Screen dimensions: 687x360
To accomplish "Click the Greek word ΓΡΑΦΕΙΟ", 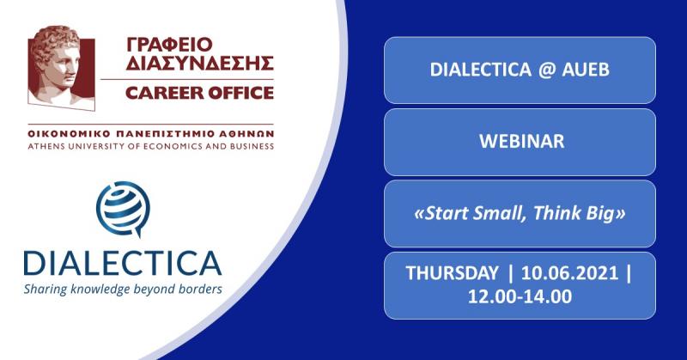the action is pyautogui.click(x=169, y=45).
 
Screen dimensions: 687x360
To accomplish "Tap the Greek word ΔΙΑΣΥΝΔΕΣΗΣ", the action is pyautogui.click(x=200, y=63).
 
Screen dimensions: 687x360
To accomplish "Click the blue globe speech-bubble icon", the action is pyautogui.click(x=123, y=209).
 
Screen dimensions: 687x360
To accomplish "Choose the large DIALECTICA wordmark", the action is pyautogui.click(x=122, y=263).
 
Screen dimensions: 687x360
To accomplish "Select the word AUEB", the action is pyautogui.click(x=586, y=70).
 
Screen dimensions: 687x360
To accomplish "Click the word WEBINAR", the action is pyautogui.click(x=522, y=141).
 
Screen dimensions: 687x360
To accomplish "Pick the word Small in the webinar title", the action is pyautogui.click(x=497, y=213).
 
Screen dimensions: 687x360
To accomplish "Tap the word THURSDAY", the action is pyautogui.click(x=453, y=272).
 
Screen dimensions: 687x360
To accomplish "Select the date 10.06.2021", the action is pyautogui.click(x=569, y=272).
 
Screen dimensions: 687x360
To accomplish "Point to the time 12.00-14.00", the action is pyautogui.click(x=520, y=296).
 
